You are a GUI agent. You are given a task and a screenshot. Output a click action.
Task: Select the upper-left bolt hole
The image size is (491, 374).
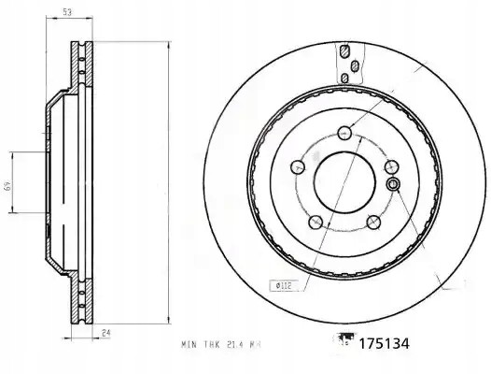pos(299,165)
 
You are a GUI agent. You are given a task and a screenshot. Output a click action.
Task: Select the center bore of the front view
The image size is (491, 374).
pos(344,180)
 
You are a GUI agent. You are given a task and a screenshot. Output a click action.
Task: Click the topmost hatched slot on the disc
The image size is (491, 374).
pos(344,50)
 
